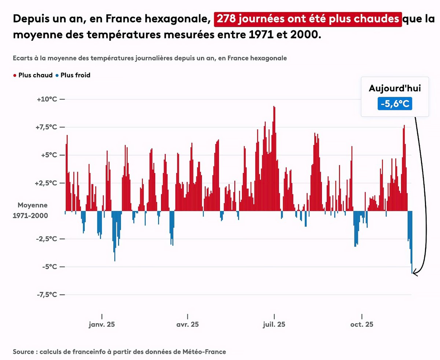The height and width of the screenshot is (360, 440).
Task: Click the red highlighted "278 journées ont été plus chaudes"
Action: click(x=308, y=19)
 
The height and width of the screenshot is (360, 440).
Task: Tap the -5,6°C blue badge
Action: click(x=395, y=104)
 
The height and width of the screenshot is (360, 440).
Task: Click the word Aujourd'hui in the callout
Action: click(x=395, y=88)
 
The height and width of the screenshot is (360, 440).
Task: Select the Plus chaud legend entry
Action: click(x=33, y=75)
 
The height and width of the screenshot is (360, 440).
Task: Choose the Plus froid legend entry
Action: click(x=73, y=75)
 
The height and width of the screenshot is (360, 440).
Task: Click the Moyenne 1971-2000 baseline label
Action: click(x=30, y=210)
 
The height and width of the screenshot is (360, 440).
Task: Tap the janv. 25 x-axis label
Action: click(x=102, y=324)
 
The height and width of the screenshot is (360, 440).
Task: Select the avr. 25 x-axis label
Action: click(x=188, y=324)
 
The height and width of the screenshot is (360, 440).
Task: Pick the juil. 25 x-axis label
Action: click(x=274, y=324)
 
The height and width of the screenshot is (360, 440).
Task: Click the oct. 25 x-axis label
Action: click(x=362, y=324)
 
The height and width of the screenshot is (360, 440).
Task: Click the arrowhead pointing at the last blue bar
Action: click(x=414, y=273)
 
